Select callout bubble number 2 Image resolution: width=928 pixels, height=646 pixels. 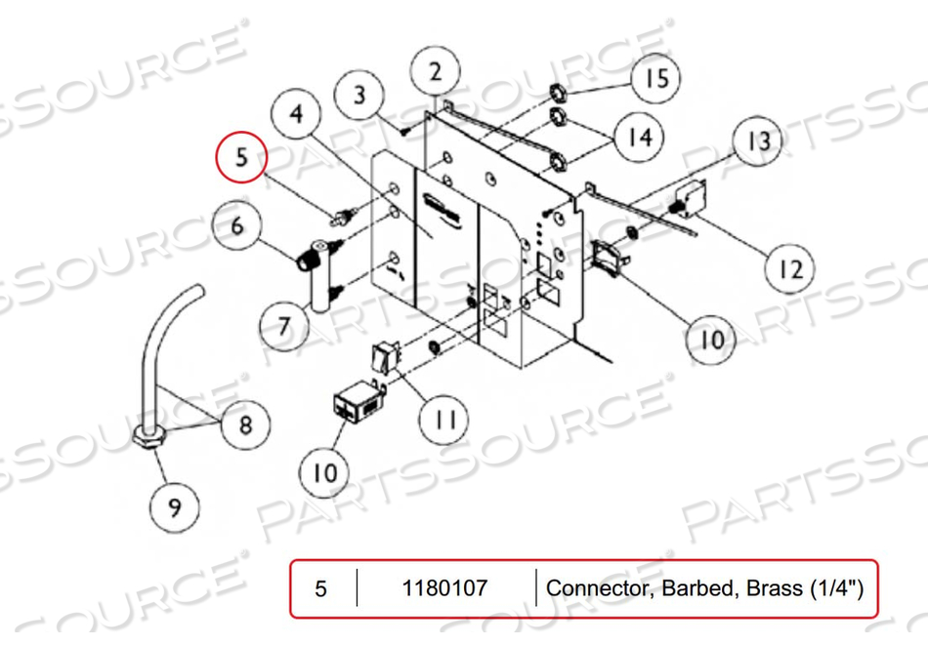(435, 71)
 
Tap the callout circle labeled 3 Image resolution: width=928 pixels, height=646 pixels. (359, 96)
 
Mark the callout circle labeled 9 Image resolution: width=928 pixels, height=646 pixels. (175, 506)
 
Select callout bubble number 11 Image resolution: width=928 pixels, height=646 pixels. (444, 420)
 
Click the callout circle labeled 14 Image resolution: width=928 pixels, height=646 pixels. (638, 137)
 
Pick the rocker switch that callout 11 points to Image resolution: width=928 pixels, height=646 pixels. (385, 357)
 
